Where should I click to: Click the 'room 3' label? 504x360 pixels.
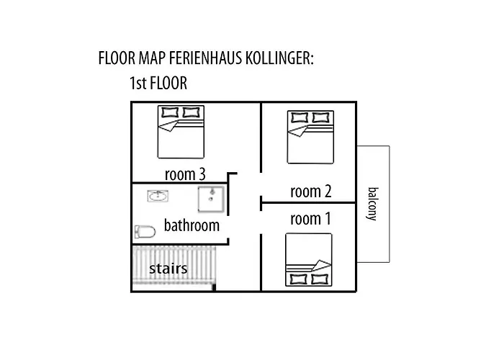[186, 174]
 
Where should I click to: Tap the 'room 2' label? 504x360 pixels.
[310, 192]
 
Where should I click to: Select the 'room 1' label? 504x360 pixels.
[310, 219]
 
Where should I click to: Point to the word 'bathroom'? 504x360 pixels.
[192, 225]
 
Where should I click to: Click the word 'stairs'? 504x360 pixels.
[168, 269]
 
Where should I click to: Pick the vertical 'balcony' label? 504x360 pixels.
[372, 204]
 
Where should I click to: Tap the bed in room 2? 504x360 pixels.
[310, 137]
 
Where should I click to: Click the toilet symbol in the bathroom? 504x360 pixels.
[145, 232]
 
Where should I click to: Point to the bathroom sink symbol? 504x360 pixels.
[157, 195]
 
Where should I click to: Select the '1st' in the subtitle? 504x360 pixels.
[138, 84]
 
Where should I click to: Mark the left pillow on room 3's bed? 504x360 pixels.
[171, 112]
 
